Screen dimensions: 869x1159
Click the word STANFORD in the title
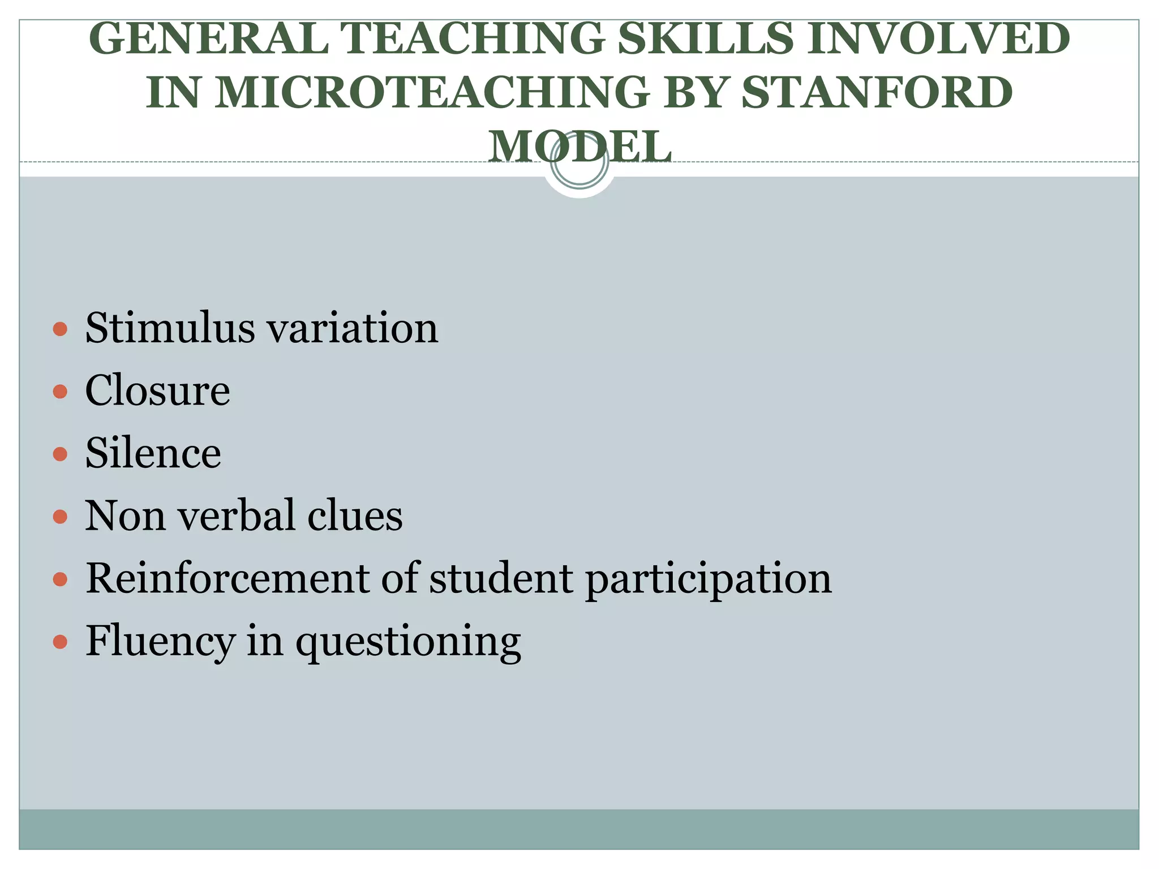(877, 92)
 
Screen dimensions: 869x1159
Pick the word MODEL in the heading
(579, 146)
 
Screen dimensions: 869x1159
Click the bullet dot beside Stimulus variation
(60, 329)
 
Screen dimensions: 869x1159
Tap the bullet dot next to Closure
(60, 392)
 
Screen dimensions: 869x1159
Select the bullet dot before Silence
(60, 454)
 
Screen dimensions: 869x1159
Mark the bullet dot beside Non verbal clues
(60, 517)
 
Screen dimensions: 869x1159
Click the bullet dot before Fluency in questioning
(60, 642)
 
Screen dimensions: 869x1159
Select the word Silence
(153, 453)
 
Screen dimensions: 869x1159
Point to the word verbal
(238, 516)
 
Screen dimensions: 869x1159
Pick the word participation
(709, 580)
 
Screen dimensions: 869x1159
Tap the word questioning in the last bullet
(408, 643)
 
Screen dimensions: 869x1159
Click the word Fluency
(160, 642)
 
